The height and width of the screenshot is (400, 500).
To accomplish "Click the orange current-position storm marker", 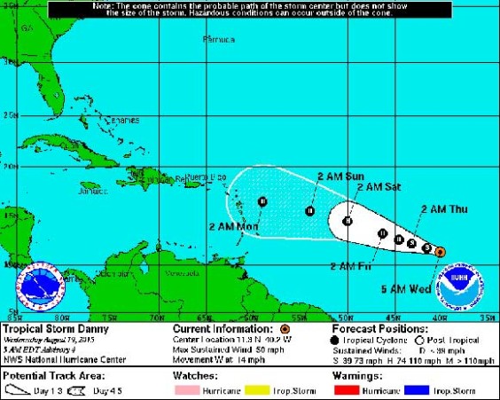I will (x=441, y=252).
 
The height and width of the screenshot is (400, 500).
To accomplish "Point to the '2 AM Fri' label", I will (x=350, y=266).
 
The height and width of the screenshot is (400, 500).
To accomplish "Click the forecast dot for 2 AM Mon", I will (x=263, y=202).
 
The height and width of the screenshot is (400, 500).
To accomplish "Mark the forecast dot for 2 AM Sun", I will (x=310, y=210).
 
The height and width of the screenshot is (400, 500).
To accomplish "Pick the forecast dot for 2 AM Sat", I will (x=349, y=220).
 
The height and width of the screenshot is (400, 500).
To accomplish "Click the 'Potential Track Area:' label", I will (x=45, y=377).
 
